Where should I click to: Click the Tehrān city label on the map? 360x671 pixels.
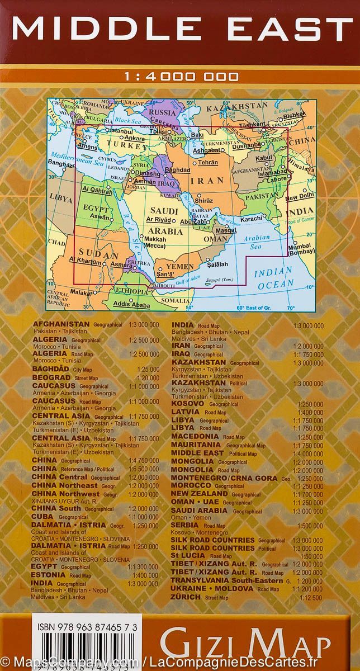pyautogui.click(x=207, y=162)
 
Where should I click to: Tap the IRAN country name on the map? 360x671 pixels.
pyautogui.click(x=207, y=181)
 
